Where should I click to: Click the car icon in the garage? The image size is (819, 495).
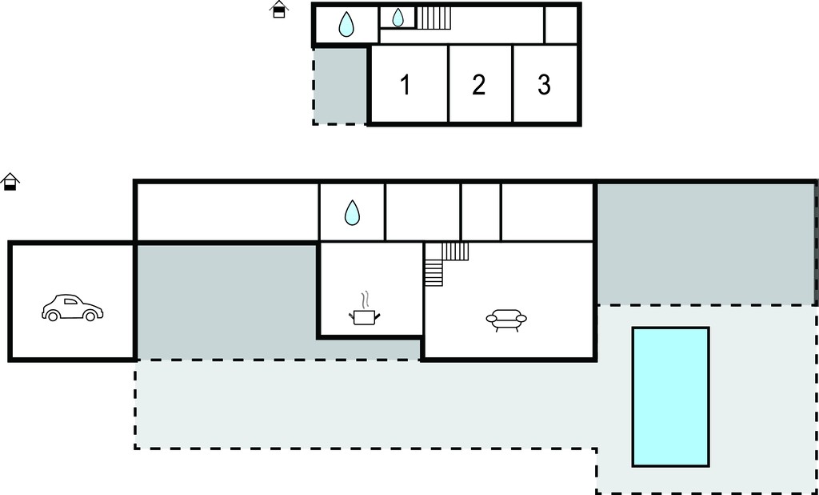point(73,308)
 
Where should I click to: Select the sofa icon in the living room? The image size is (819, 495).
point(506,320)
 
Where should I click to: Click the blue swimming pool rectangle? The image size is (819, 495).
point(671,396)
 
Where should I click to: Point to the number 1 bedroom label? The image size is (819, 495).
point(405,85)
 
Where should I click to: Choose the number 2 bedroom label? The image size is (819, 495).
point(478,85)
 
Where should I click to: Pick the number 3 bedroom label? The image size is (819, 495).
point(544,85)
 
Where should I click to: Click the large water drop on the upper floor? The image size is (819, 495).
point(346,24)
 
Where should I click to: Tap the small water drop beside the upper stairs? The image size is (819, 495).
point(398,18)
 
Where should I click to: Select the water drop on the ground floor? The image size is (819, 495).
point(352,212)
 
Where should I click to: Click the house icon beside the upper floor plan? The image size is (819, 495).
point(279,10)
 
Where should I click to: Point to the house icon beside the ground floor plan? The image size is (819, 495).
point(10,182)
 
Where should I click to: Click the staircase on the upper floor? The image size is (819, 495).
point(433,18)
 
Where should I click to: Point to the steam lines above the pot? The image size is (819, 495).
point(366,300)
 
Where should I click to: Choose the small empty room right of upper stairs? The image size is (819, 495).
point(561,25)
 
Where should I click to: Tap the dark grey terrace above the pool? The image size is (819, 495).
point(705,243)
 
